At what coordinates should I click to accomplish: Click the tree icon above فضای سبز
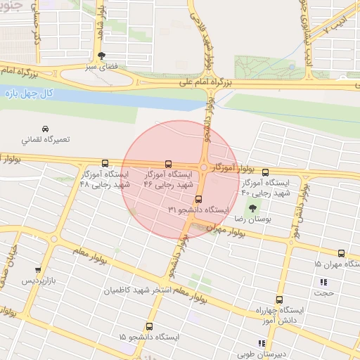pos(103,56)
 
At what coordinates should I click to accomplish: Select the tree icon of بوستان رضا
pos(252,208)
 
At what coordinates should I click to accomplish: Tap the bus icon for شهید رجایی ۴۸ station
pos(105,163)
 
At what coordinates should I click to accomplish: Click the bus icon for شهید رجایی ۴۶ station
pos(168,163)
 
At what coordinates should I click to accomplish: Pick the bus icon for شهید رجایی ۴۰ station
pos(265,172)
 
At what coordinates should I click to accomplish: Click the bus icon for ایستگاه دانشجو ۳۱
pos(199,199)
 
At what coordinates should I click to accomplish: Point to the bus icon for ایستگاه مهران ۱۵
pos(342,253)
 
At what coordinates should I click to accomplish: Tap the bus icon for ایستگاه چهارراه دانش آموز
pos(279,300)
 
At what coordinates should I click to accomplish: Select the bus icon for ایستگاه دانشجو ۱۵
pos(149,327)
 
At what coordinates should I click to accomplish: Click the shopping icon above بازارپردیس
pos(38,270)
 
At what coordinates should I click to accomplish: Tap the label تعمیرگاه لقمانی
pos(46,139)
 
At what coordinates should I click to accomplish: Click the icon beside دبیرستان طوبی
pos(262,343)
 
